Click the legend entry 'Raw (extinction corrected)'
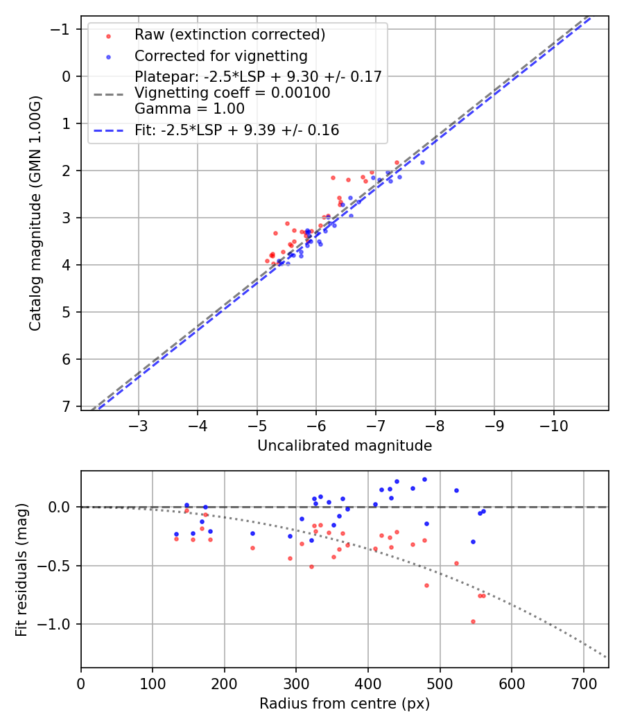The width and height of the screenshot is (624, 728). point(229,35)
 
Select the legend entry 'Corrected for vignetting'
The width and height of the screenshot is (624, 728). point(220,55)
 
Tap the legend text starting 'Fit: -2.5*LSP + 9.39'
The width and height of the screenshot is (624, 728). point(236,130)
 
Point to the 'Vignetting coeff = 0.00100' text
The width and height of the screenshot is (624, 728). point(232,92)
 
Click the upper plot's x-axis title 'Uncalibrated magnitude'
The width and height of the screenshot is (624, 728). point(345,446)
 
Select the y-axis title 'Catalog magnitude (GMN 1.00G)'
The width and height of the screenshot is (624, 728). point(35,214)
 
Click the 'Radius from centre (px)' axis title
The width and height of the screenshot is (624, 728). point(345,704)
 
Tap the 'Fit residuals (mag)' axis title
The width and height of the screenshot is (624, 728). point(21,569)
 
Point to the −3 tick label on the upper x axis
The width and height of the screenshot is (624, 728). point(139,424)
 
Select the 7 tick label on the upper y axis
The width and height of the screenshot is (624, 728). point(66,406)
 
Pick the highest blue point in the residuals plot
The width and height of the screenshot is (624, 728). point(424,479)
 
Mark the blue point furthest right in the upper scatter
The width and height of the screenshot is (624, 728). point(422,162)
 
